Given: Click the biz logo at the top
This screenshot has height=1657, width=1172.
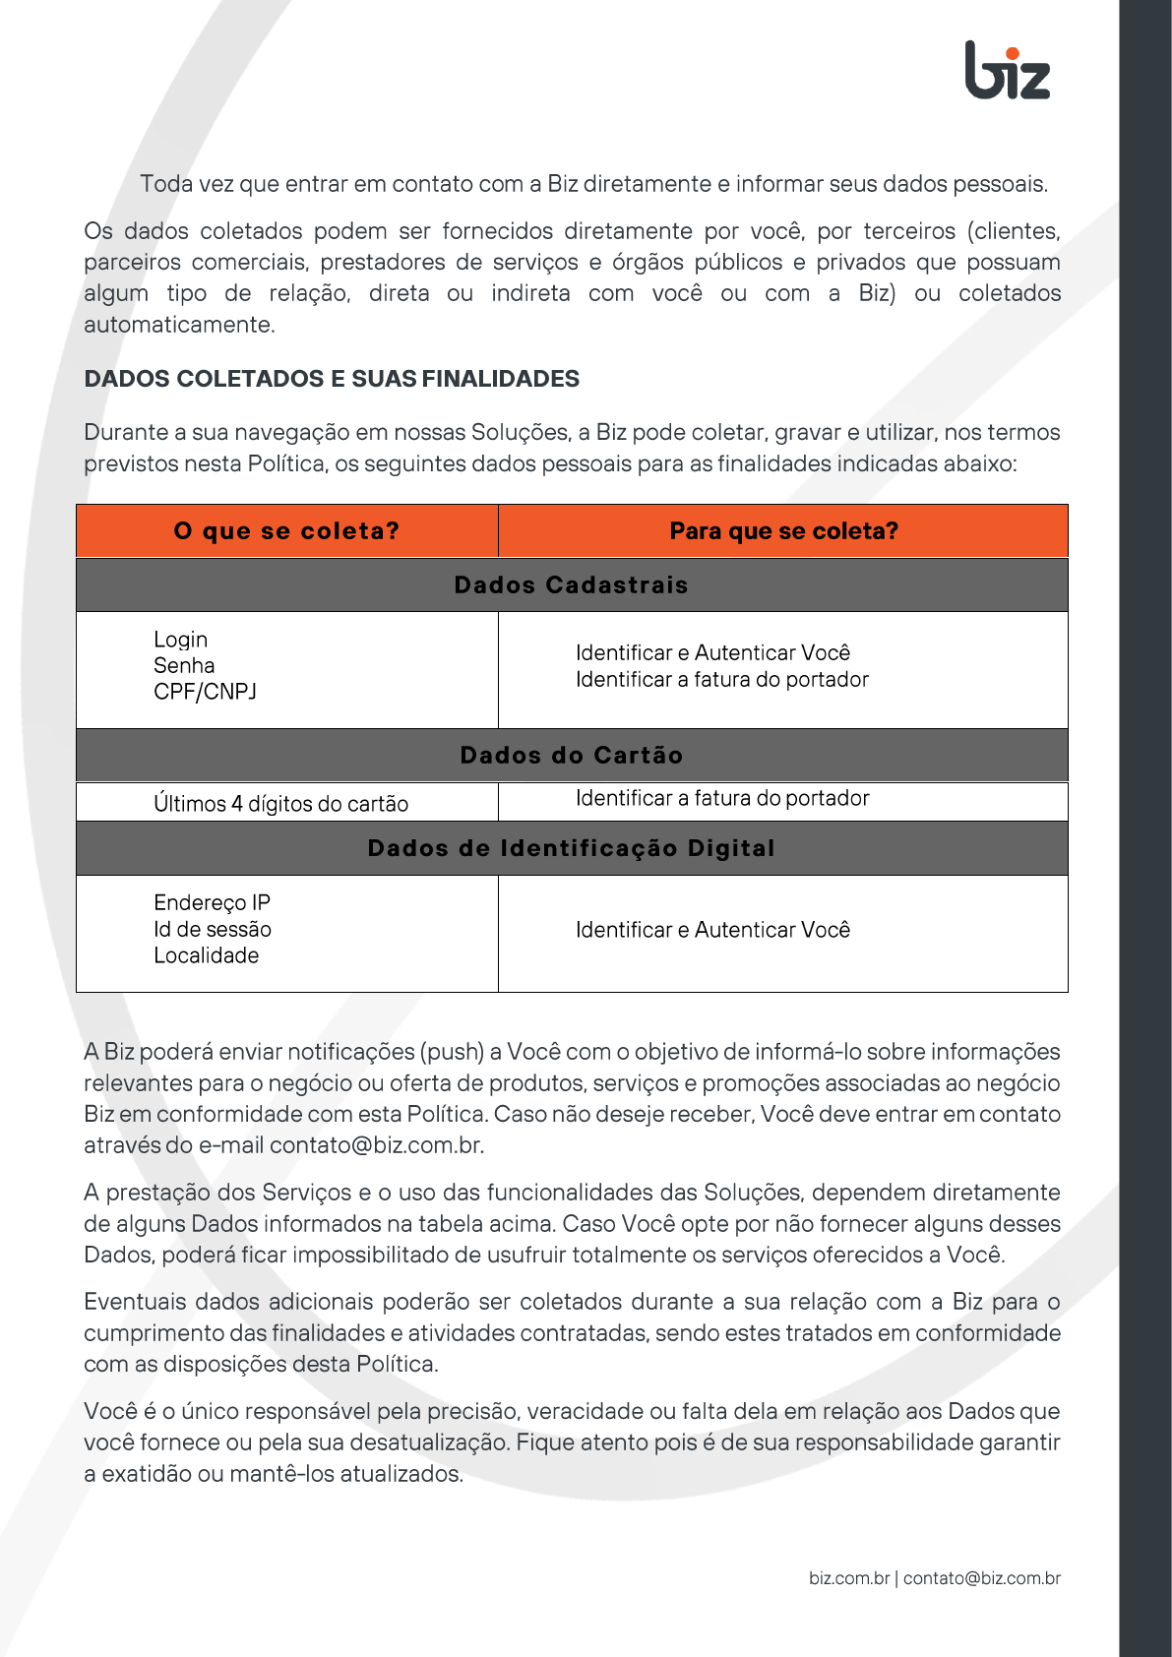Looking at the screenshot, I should coord(1008,71).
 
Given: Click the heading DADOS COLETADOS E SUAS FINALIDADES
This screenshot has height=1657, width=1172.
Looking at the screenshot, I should coord(332,379).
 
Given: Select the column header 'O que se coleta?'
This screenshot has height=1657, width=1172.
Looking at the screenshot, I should coord(286,531).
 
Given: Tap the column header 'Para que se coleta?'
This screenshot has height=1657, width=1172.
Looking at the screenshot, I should coord(783,531).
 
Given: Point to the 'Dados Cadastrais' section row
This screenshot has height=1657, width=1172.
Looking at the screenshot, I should coord(571,585).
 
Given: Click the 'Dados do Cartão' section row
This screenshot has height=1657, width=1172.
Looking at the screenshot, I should coord(571,756).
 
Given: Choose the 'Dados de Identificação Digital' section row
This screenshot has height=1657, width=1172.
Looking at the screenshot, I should coord(571,848).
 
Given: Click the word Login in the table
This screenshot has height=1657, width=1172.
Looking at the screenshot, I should coord(181,640).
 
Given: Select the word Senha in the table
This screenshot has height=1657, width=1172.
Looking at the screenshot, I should coord(184,666).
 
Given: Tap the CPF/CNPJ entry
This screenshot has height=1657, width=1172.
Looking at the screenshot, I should coord(205,692).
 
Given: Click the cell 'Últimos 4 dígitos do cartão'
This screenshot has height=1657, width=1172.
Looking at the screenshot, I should coord(280,804).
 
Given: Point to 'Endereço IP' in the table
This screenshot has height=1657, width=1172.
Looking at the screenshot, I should coord(212,903).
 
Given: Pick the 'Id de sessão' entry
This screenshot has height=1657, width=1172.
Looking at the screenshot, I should coord(213,930).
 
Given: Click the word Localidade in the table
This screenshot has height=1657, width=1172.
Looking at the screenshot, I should coord(206,956).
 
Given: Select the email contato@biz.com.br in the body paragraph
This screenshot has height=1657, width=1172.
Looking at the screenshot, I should coord(376,1145).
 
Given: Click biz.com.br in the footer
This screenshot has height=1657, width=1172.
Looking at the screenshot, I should coord(848,1578).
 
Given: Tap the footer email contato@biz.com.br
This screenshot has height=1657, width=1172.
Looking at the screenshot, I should coord(981,1578).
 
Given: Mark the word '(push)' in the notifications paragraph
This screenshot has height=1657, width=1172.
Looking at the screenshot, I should coord(453,1052).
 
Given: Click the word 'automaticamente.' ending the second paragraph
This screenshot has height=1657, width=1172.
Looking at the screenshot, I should coord(179,325).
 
